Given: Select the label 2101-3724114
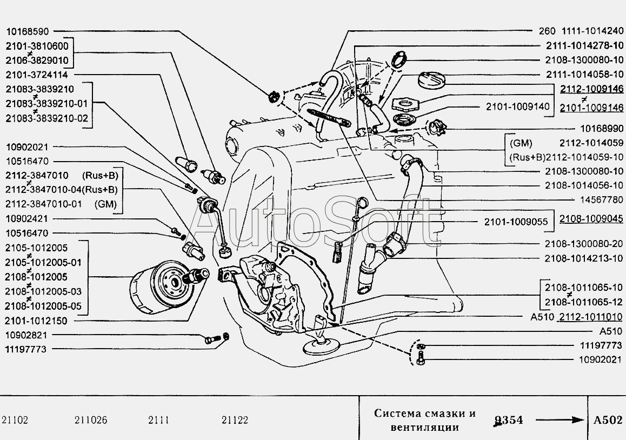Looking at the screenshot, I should tap(37, 74).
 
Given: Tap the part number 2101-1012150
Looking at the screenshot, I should tap(37, 321).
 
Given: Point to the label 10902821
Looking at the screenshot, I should tap(27, 335).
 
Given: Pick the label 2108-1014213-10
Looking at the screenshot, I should tap(584, 258).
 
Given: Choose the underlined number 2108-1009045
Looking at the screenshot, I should tap(591, 219).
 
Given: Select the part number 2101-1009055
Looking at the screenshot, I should tap(516, 222).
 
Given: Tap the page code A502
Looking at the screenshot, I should tap(608, 420).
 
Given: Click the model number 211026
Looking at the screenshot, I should tap(90, 420).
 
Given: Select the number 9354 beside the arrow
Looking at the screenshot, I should tap(508, 420).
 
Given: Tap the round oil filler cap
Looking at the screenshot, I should tap(432, 79).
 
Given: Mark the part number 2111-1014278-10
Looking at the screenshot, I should tap(584, 46).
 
